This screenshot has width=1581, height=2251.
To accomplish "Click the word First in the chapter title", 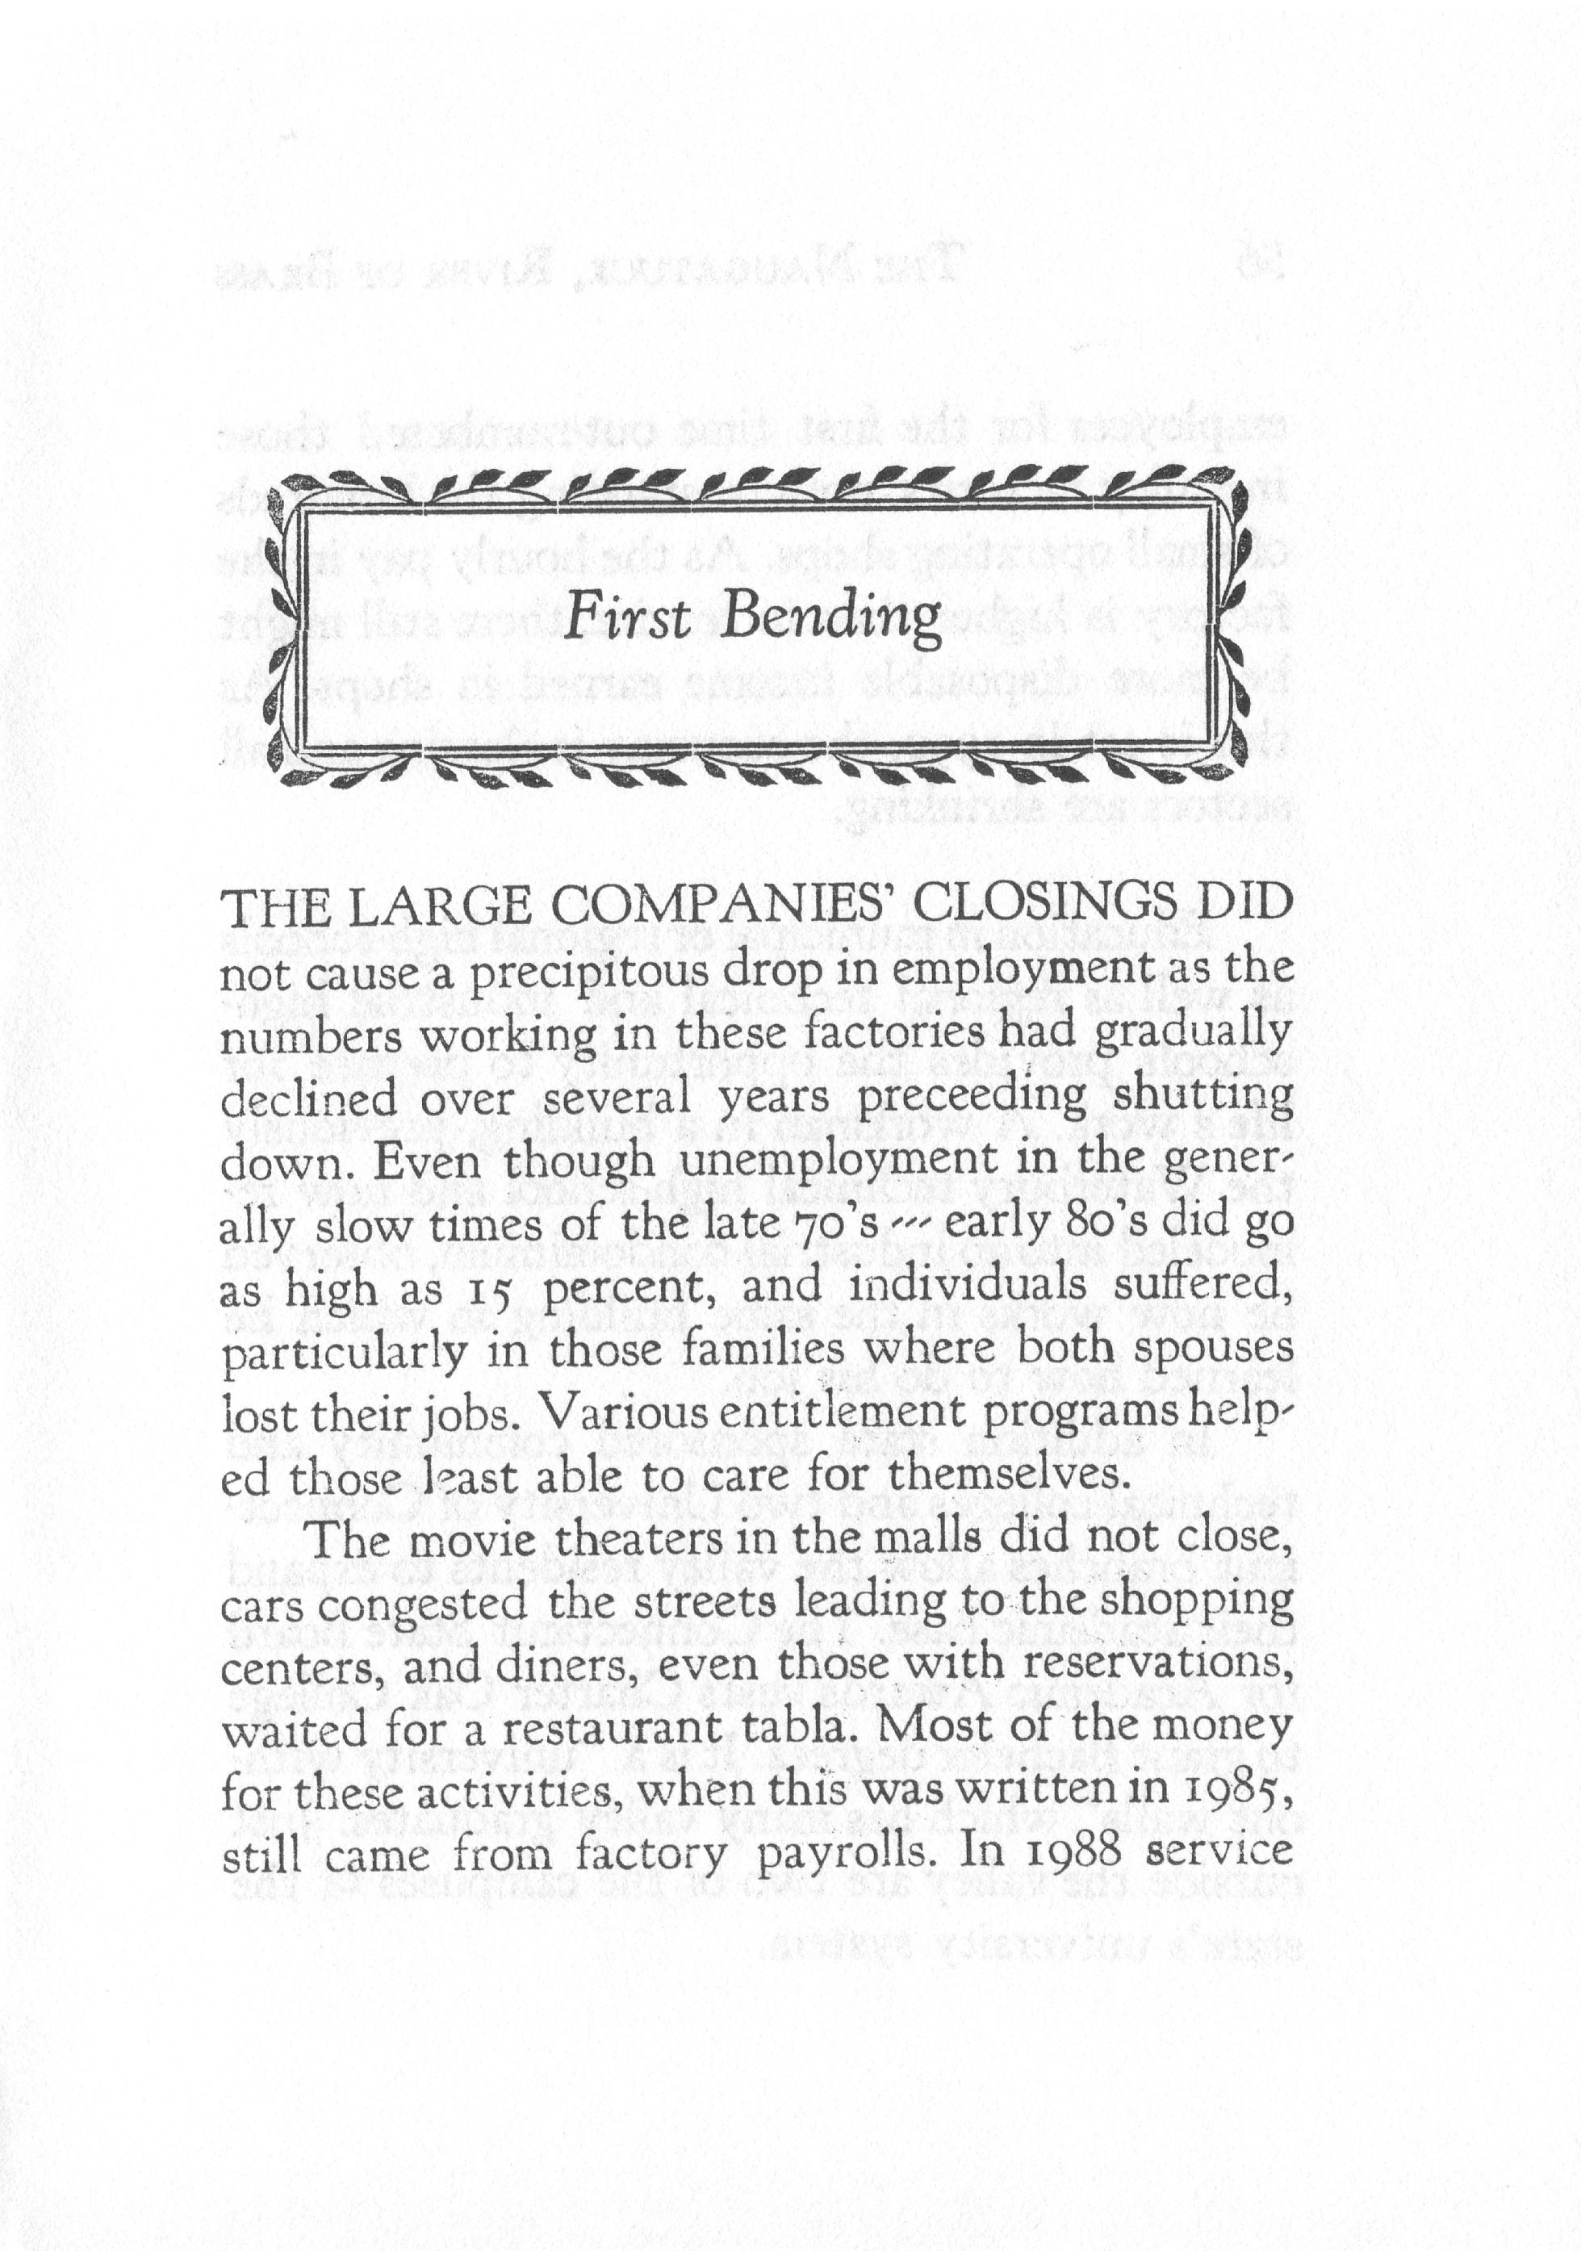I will click(x=629, y=617).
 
